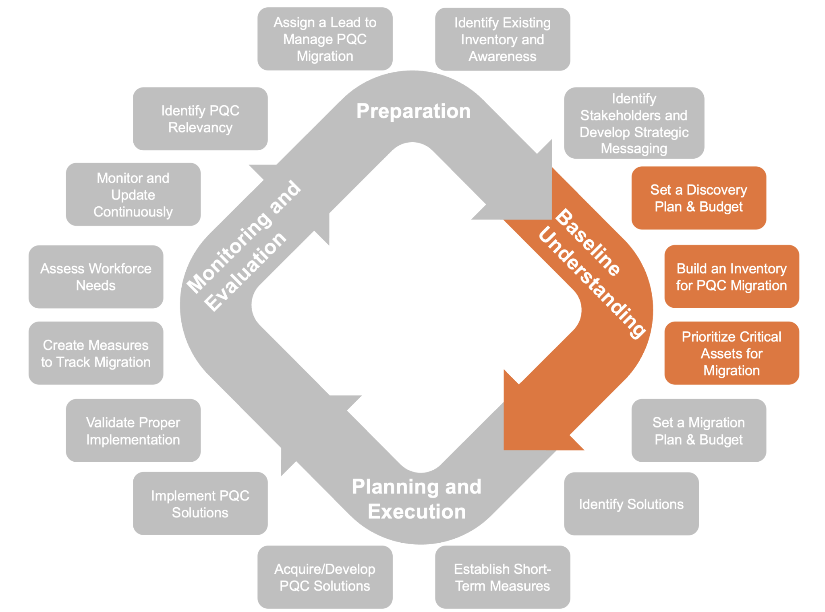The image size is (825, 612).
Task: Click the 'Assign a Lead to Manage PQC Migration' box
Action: pos(325,39)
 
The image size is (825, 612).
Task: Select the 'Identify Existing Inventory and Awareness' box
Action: pos(502,39)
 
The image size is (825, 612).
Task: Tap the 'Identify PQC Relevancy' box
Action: pos(200,119)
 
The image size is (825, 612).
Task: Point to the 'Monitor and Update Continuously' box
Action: pos(133,195)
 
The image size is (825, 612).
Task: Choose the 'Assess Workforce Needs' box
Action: pos(96,277)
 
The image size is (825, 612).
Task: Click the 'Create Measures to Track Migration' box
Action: pos(96,353)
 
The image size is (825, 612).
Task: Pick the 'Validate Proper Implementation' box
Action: pos(133,431)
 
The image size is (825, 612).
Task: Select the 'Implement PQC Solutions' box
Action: pos(200,504)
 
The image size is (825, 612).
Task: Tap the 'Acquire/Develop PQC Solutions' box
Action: pos(325,577)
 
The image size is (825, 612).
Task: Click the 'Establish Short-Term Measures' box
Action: pos(502,577)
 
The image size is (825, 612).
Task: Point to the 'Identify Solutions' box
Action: pos(631,504)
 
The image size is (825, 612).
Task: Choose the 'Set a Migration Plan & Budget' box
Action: pos(699,431)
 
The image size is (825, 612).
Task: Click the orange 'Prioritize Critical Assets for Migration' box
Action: pos(732,353)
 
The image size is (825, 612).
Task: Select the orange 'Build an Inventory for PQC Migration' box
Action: pos(732,277)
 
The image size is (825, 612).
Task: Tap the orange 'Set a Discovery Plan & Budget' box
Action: pos(699,198)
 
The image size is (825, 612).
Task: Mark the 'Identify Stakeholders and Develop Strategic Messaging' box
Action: pos(634,123)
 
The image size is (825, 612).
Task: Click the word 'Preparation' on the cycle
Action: pos(413,111)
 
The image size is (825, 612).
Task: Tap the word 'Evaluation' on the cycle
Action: pos(246,272)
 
